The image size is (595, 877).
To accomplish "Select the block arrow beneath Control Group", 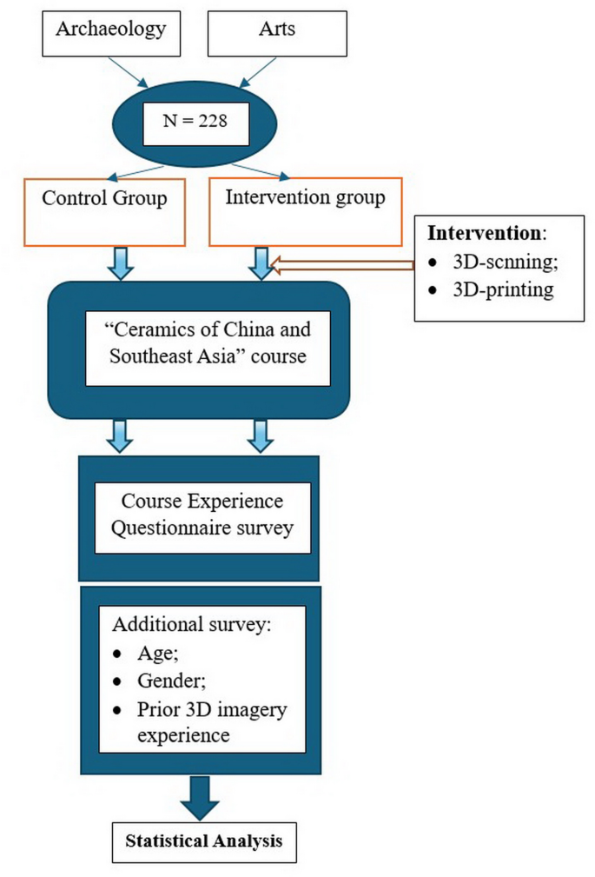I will coord(121,262).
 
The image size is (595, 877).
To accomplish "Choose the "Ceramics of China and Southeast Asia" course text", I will coord(208,343).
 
